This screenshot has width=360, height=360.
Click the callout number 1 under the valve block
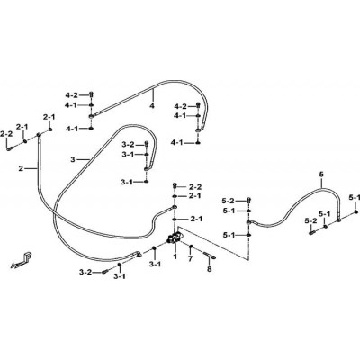click(x=175, y=256)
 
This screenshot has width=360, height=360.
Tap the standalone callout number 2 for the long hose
click(x=21, y=169)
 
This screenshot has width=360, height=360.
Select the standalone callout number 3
click(x=72, y=160)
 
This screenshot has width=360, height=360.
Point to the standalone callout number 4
click(x=152, y=106)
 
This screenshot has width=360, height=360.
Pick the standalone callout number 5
click(x=322, y=174)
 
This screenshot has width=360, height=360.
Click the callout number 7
click(x=190, y=258)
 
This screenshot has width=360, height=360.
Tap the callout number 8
click(x=210, y=269)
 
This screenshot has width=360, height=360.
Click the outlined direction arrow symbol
click(x=22, y=260)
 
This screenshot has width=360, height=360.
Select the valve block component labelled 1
click(x=175, y=238)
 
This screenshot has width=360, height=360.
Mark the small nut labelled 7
click(x=191, y=247)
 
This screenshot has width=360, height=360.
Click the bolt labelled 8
click(x=210, y=256)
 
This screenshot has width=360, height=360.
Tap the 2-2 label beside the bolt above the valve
click(x=195, y=187)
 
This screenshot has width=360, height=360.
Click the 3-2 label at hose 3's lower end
click(x=85, y=273)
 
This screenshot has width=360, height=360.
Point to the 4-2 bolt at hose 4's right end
click(x=198, y=105)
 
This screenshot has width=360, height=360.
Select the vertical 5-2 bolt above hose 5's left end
click(x=248, y=200)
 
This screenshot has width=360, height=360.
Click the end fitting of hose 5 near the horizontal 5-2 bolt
click(x=338, y=220)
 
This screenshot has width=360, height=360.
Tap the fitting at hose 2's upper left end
click(x=39, y=135)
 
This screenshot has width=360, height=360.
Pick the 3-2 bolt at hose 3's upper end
click(x=147, y=144)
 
